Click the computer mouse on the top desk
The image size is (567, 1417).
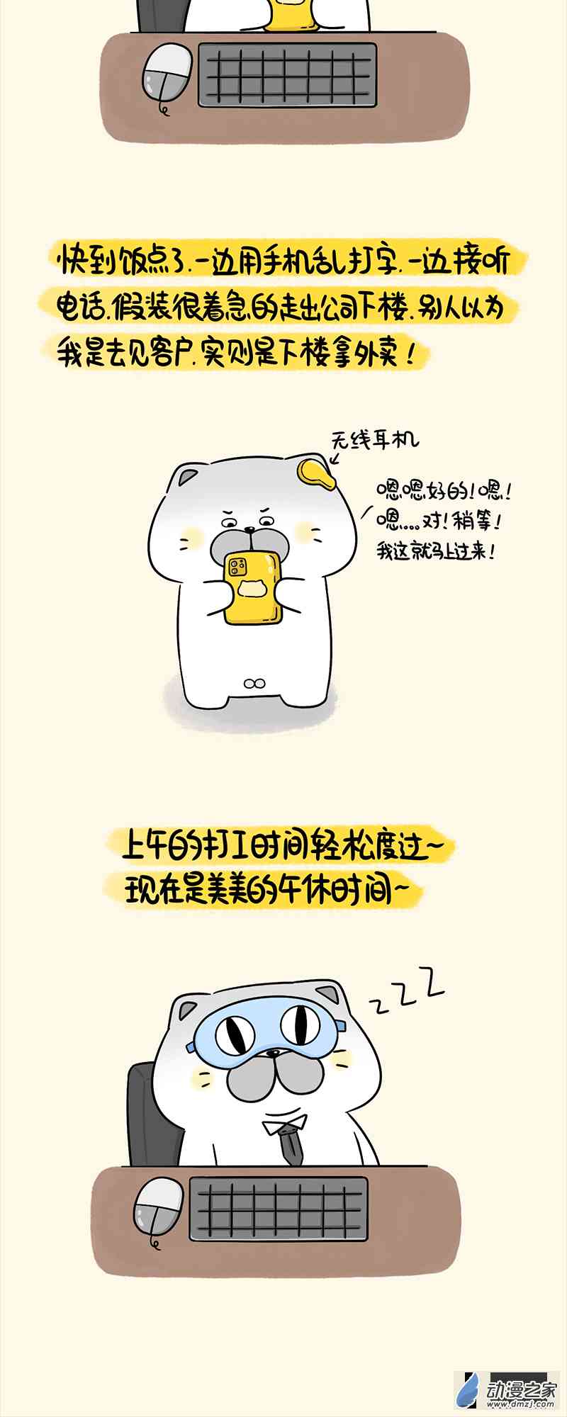(x=168, y=74)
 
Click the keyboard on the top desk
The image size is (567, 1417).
(x=287, y=74)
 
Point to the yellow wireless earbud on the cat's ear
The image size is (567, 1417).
(x=315, y=473)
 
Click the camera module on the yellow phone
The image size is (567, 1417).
(x=237, y=565)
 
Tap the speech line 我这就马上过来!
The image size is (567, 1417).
(x=435, y=551)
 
